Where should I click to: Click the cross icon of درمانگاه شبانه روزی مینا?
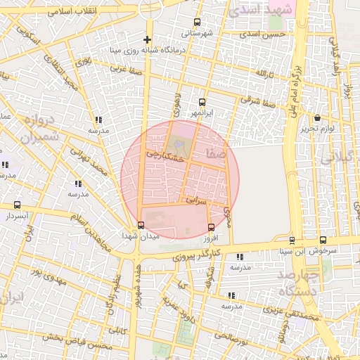click(x=147, y=39)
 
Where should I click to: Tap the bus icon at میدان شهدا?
click(x=141, y=226)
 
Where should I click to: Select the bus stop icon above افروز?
click(x=212, y=226)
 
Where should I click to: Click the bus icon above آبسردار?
click(x=17, y=205)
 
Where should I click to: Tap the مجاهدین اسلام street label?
click(x=91, y=238)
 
